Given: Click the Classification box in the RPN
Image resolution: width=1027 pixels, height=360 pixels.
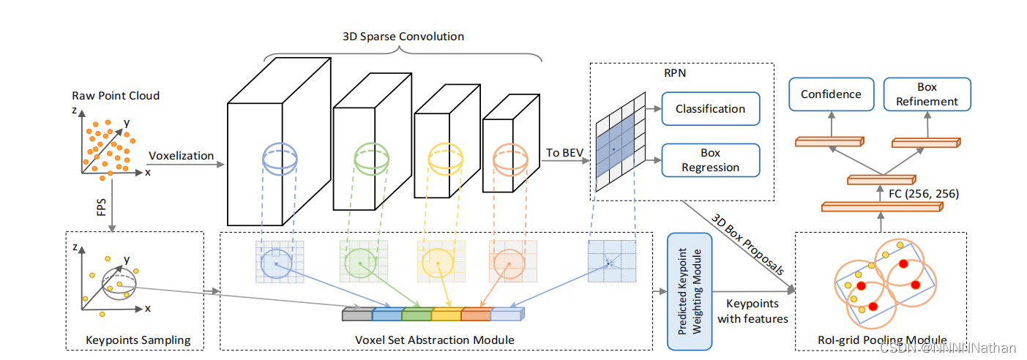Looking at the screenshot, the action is click(x=711, y=109).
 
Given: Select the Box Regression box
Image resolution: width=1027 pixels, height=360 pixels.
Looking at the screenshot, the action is click(x=711, y=160).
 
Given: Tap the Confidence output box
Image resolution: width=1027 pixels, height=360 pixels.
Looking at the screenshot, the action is click(x=832, y=94).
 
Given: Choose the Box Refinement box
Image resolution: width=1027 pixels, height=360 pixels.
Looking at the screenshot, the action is click(x=927, y=94).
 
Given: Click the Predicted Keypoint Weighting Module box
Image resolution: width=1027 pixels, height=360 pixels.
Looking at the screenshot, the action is click(x=690, y=292).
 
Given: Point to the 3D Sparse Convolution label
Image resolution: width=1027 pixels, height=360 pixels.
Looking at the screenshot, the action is click(x=403, y=37).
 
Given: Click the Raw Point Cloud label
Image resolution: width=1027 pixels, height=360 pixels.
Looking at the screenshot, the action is click(x=116, y=96).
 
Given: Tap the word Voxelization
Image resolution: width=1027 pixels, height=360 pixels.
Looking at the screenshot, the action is click(x=181, y=156).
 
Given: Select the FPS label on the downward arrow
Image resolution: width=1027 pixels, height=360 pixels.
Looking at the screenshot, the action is click(x=101, y=207).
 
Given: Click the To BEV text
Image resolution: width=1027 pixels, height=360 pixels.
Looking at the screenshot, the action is click(x=564, y=152).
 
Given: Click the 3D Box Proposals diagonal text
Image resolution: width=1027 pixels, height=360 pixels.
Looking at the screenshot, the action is click(x=747, y=244).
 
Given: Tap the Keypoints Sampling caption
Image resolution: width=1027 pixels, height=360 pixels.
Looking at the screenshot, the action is click(x=138, y=340).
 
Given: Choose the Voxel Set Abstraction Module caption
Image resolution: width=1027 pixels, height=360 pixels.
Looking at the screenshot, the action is click(x=435, y=340).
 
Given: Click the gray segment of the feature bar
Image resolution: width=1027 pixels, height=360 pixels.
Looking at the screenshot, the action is click(x=358, y=314).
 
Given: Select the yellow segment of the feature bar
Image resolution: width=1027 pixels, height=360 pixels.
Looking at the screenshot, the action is click(x=447, y=314).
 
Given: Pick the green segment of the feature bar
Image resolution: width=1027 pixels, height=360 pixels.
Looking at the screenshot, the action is click(x=417, y=314).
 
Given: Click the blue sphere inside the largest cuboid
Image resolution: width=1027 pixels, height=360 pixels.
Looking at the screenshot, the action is click(x=280, y=159).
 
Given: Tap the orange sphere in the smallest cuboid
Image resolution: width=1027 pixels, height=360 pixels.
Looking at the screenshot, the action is click(x=510, y=160).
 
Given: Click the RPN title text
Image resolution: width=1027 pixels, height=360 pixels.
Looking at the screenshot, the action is click(x=675, y=73).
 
